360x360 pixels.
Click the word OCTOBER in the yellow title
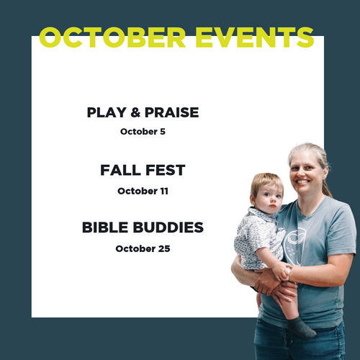pyautogui.click(x=112, y=37)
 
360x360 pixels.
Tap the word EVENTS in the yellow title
pyautogui.click(x=255, y=37)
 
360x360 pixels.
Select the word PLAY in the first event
pyautogui.click(x=107, y=112)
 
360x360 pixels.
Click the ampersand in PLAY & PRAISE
pyautogui.click(x=135, y=112)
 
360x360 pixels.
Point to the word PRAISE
pyautogui.click(x=172, y=112)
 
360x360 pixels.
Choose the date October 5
pyautogui.click(x=143, y=132)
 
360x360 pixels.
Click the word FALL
pyautogui.click(x=120, y=170)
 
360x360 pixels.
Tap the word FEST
pyautogui.click(x=166, y=170)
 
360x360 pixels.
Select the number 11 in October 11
pyautogui.click(x=164, y=191)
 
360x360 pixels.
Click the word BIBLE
pyautogui.click(x=105, y=228)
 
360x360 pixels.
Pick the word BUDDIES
pyautogui.click(x=168, y=228)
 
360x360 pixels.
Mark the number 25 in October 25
pyautogui.click(x=164, y=248)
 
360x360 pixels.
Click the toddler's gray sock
pyautogui.click(x=301, y=328)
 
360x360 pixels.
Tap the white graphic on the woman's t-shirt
pyautogui.click(x=294, y=247)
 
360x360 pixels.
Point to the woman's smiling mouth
pyautogui.click(x=302, y=181)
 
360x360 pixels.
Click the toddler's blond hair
pyautogui.click(x=266, y=183)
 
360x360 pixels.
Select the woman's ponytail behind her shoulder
pyautogui.click(x=326, y=187)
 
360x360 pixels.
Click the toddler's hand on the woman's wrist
pyautogui.click(x=282, y=271)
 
